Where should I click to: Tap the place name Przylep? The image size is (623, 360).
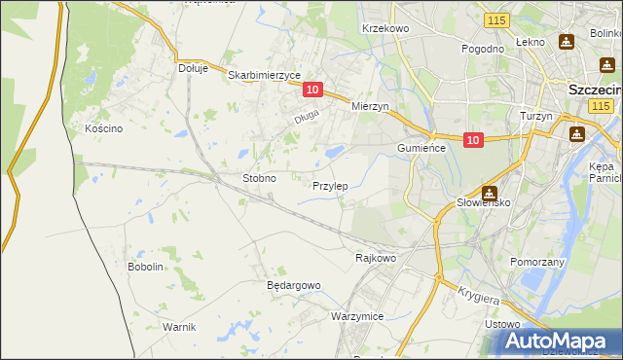click(x=331, y=185)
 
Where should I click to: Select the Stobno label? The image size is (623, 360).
click(x=259, y=179)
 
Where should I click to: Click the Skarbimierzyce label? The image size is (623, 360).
click(x=265, y=74)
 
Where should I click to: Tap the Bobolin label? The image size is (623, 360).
click(x=145, y=267)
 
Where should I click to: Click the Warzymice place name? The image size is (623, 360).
click(x=357, y=317)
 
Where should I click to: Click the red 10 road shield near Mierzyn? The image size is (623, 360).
click(x=311, y=90)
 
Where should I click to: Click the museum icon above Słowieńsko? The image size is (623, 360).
click(x=490, y=194)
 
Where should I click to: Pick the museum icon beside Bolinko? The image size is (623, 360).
click(x=567, y=43)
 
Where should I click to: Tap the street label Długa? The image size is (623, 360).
click(x=308, y=119)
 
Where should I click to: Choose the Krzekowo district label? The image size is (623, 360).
click(x=385, y=29)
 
